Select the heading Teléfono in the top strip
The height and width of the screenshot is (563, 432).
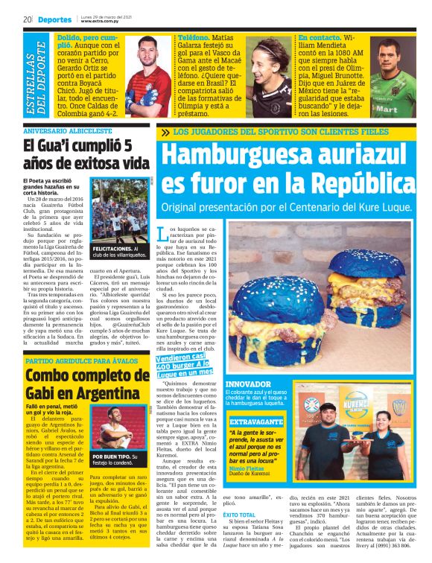coord(194,36)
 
